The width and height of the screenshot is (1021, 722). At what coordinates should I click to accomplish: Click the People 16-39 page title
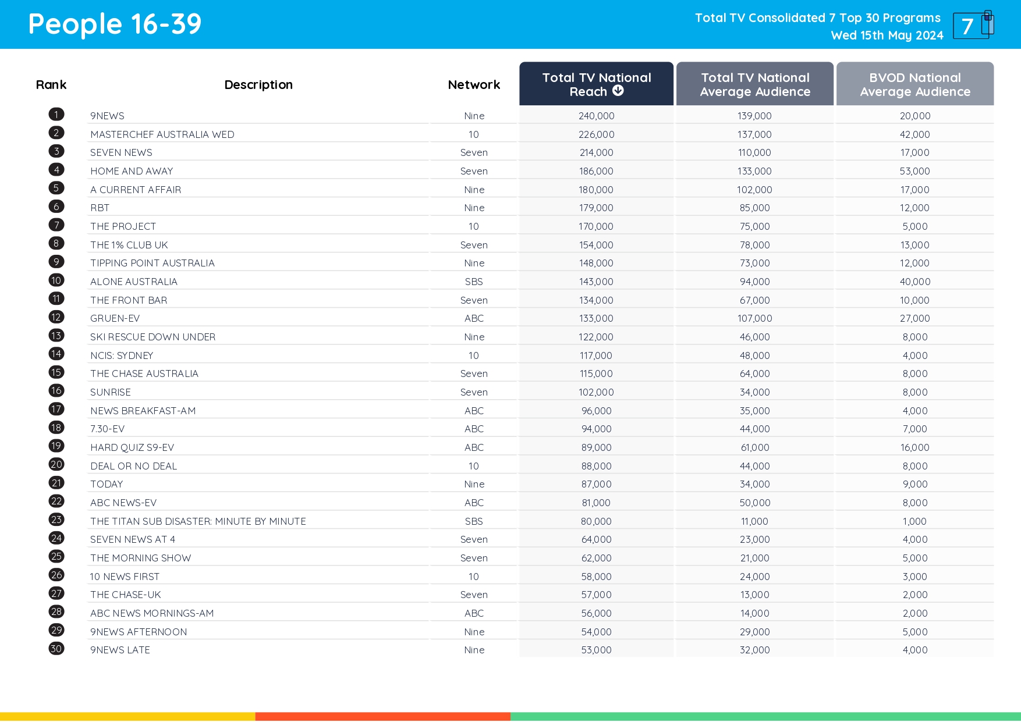coord(115,24)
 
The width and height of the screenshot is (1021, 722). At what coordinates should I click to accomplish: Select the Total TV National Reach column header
coord(596,84)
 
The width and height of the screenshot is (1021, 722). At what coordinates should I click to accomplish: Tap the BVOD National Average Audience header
coord(914,84)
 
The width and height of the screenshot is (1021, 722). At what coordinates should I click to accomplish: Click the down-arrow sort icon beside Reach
coord(618,91)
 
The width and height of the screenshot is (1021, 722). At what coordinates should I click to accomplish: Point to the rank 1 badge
coord(56,115)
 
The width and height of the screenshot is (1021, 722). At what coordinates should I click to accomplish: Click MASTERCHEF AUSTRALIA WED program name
coord(162,134)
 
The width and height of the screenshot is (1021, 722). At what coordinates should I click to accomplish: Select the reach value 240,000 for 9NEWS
coord(596,116)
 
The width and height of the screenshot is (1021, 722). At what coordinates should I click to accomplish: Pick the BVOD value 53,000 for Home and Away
coord(914,171)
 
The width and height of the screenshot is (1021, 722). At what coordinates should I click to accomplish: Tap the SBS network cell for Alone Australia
coord(474,282)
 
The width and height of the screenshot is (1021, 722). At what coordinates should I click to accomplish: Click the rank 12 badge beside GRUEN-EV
coord(56,317)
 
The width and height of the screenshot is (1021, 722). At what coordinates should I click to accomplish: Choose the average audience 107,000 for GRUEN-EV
coord(754,318)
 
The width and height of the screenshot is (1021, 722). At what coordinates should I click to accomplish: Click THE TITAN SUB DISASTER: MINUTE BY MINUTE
coord(198,521)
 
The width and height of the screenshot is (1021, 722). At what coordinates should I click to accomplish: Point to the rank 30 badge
coord(56,649)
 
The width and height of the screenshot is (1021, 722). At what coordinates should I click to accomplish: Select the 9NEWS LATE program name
coord(120,650)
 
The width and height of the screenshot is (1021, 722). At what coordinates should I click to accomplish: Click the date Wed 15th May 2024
coord(887,35)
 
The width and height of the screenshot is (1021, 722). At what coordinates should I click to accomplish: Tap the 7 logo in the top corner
coord(973,26)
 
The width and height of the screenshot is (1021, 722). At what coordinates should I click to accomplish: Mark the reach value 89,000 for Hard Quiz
coord(596,447)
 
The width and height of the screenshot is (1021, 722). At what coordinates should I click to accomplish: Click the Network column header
coord(474,85)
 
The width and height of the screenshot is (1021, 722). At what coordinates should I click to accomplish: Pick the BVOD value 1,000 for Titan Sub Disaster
coord(914,521)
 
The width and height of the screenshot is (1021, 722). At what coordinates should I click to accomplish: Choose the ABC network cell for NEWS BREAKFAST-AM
coord(474,411)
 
